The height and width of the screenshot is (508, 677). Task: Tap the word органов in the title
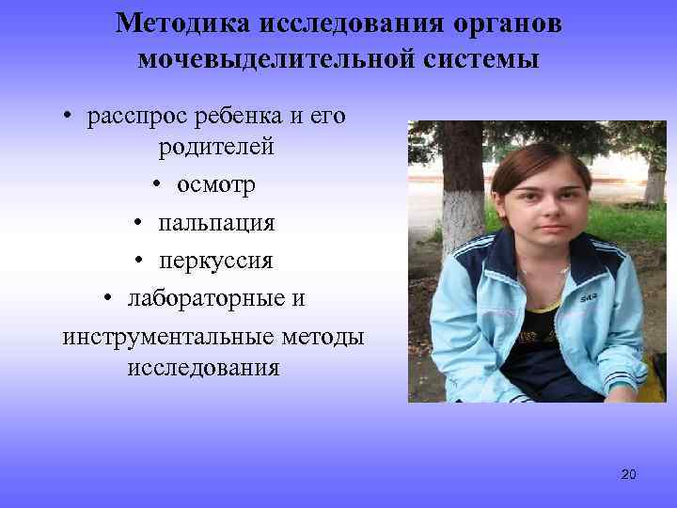(509, 24)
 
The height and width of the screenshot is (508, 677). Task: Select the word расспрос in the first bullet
(138, 118)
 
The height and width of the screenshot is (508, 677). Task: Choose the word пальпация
(215, 222)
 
